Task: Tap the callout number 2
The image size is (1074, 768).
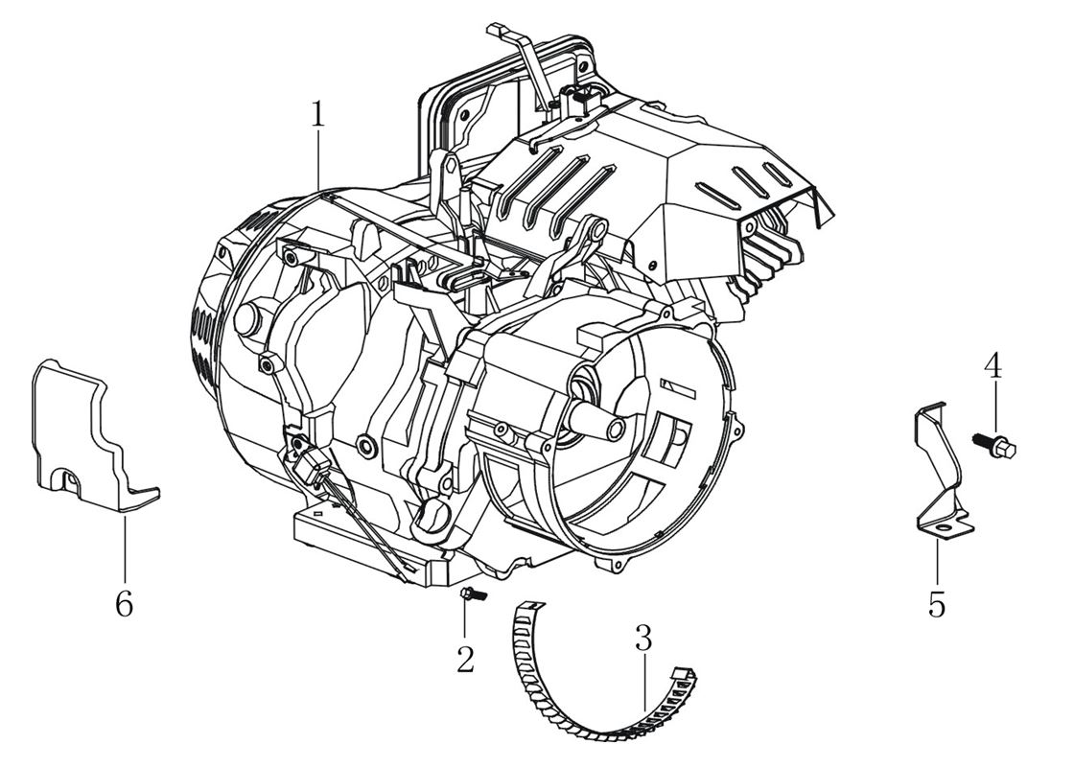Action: [x=465, y=659]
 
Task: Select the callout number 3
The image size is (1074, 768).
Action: [x=642, y=637]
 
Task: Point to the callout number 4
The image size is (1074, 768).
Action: [x=994, y=365]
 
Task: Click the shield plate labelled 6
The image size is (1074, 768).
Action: [x=86, y=431]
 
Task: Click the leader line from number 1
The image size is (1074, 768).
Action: [x=318, y=163]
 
